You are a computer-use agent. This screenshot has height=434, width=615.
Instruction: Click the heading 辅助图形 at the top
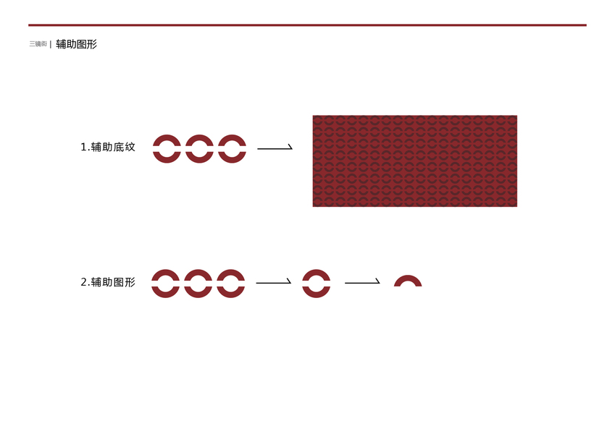pyautogui.click(x=76, y=44)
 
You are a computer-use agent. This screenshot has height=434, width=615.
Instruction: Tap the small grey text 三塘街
pyautogui.click(x=38, y=44)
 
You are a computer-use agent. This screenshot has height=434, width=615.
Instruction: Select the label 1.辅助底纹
pyautogui.click(x=108, y=147)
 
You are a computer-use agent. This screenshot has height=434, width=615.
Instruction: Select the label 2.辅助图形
pyautogui.click(x=108, y=282)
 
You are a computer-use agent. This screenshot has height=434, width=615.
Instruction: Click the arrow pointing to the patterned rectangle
pyautogui.click(x=275, y=148)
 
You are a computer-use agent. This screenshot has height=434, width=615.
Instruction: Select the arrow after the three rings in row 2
pyautogui.click(x=273, y=282)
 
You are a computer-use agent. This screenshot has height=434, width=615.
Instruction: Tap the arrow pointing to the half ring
pyautogui.click(x=362, y=282)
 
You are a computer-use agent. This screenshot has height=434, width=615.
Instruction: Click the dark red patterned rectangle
pyautogui.click(x=414, y=161)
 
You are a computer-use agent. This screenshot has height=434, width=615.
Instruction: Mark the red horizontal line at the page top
pyautogui.click(x=307, y=25)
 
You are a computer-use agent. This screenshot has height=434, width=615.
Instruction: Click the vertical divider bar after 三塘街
pyautogui.click(x=51, y=44)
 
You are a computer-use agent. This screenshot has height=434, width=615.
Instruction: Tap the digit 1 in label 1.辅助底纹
pyautogui.click(x=83, y=147)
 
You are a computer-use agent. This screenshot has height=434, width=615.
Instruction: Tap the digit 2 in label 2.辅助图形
pyautogui.click(x=83, y=282)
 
